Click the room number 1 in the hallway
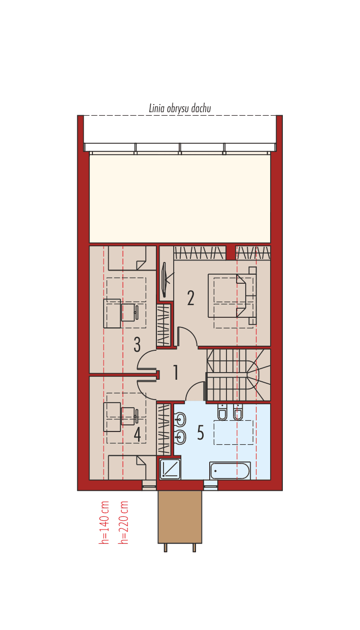tap(176, 373)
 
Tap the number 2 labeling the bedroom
tap(190, 297)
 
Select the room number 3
tap(137, 345)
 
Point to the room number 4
tap(137, 434)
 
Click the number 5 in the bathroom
tap(201, 433)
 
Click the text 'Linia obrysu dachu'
tap(180, 108)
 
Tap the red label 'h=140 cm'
tap(104, 523)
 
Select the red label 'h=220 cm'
tap(123, 523)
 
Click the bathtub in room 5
tap(230, 471)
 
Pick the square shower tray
tap(170, 469)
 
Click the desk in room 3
tap(112, 314)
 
